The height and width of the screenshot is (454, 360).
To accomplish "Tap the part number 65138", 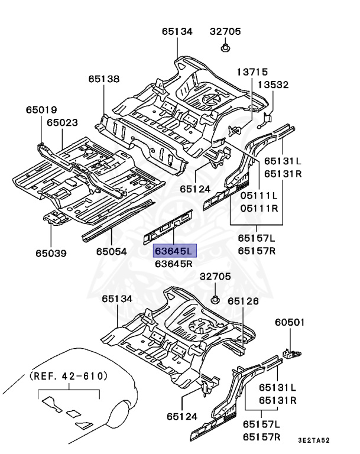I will pyautogui.click(x=104, y=78).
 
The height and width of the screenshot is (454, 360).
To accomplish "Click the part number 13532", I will pyautogui.click(x=273, y=85).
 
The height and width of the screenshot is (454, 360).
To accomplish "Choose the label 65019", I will pyautogui.click(x=41, y=109).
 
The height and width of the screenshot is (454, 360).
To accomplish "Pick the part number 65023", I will pyautogui.click(x=63, y=122).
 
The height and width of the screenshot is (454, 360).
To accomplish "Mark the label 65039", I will pyautogui.click(x=51, y=253).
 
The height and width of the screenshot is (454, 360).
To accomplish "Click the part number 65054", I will pyautogui.click(x=112, y=252).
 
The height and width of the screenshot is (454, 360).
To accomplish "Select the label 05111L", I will pyautogui.click(x=258, y=196).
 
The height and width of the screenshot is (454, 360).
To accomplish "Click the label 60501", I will pyautogui.click(x=289, y=323).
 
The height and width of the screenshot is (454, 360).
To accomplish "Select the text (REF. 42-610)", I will pyautogui.click(x=69, y=375).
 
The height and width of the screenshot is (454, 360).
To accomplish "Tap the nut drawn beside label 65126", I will pyautogui.click(x=217, y=298).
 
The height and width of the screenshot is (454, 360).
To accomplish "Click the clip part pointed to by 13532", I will pyautogui.click(x=265, y=121).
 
